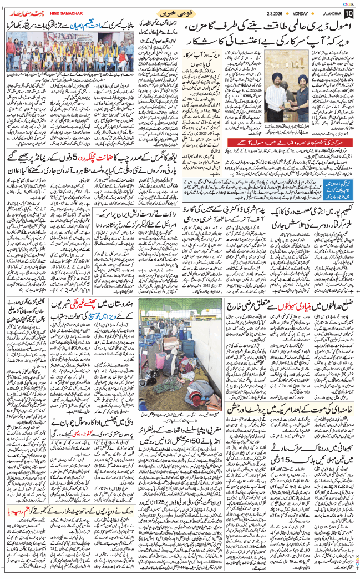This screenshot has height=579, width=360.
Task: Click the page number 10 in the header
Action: click(349, 12)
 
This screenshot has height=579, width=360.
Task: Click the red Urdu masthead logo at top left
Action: click(21, 12)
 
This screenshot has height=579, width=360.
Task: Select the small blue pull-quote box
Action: click(338, 192)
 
